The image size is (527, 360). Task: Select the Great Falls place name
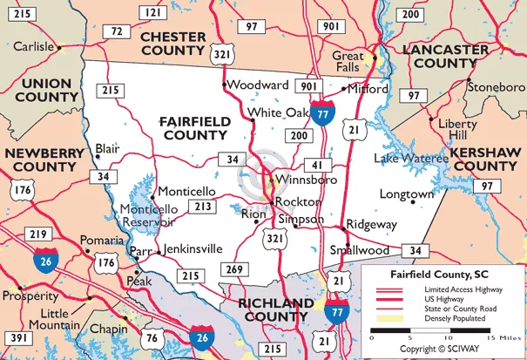coord(348,63)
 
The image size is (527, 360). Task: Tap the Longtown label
coord(406,194)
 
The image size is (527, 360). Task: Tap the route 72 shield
coord(116,31)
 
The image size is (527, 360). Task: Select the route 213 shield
coord(203,207)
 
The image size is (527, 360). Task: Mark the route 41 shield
coord(315,165)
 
